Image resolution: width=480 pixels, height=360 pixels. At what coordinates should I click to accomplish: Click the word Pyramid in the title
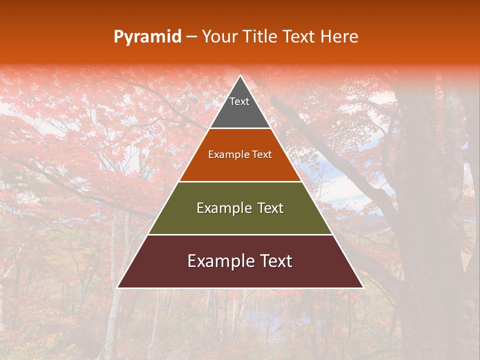click(147, 37)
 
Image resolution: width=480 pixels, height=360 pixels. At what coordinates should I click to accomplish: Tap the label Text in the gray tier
click(239, 101)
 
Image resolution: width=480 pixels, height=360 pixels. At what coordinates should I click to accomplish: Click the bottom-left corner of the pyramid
click(117, 287)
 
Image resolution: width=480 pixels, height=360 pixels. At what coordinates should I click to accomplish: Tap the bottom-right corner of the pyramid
click(363, 287)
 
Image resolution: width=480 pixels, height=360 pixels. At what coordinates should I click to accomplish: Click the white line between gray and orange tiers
click(240, 128)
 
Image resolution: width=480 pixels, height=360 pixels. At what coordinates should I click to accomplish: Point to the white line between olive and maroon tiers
click(240, 234)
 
